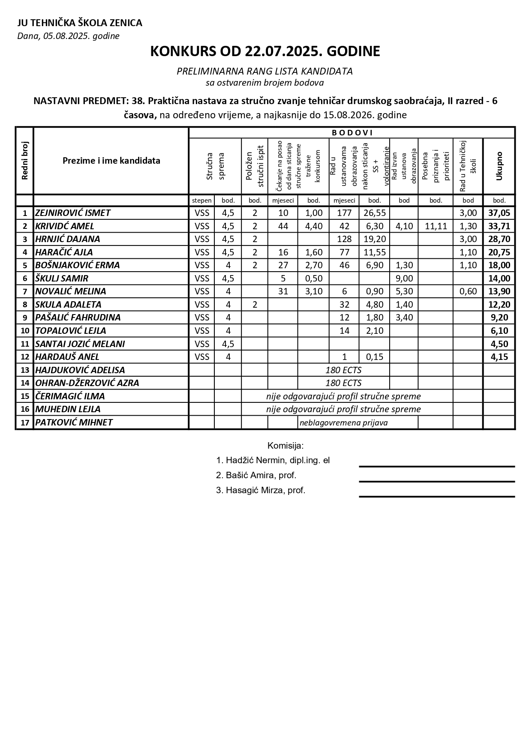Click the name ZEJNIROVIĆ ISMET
click(73, 213)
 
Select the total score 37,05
click(499, 213)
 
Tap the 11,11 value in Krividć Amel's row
click(436, 226)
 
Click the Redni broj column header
click(24, 161)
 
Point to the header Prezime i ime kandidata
click(111, 161)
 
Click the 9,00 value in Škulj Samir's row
click(404, 279)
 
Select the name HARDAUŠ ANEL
click(67, 357)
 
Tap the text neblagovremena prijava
click(343, 423)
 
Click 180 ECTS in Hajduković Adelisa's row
click(343, 370)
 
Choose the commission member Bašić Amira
click(256, 475)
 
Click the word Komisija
click(286, 446)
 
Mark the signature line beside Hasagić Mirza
click(436, 496)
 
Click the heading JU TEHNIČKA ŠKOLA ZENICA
click(80, 23)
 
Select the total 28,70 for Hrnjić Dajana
click(499, 239)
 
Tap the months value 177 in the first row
click(344, 213)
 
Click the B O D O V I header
click(352, 133)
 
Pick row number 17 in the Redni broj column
click(24, 423)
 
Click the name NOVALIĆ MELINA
click(70, 291)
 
